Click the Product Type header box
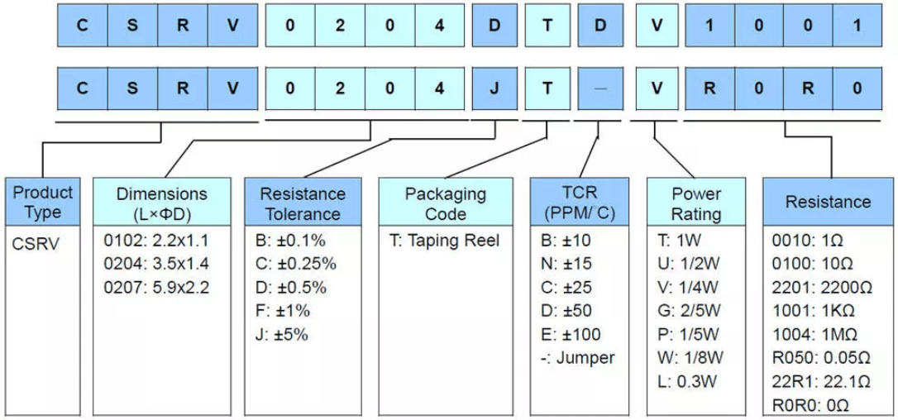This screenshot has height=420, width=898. (43, 203)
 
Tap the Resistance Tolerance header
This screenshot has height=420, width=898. (303, 203)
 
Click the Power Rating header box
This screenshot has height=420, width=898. (695, 203)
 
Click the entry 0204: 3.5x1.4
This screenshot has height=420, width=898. (156, 265)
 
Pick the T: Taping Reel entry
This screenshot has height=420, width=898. (444, 241)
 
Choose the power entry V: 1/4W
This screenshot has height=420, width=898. (685, 288)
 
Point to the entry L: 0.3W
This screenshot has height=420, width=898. (687, 382)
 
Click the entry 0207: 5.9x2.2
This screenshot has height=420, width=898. (156, 288)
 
